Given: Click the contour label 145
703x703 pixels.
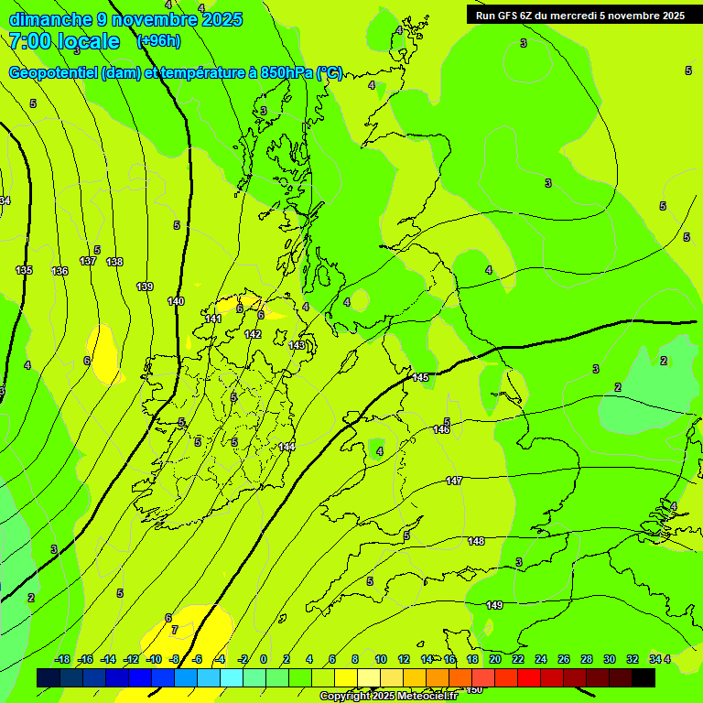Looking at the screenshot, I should [420, 378].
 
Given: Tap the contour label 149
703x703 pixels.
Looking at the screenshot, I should [494, 605].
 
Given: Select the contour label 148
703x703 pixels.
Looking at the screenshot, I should [476, 541].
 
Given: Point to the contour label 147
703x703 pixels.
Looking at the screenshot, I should [454, 481].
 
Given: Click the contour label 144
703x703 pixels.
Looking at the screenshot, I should [287, 447].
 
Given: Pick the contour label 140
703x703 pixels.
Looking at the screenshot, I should [176, 301].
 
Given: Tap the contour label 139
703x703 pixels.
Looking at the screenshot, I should [145, 287].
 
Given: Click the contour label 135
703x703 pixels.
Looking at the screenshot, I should [24, 270].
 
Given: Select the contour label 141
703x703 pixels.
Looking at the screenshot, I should [213, 319].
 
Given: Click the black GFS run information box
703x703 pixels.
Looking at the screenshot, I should [580, 15].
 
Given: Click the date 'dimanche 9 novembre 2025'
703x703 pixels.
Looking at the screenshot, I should [125, 19].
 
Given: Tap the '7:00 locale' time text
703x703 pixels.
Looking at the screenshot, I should [64, 41].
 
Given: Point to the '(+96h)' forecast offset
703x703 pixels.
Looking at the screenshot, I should [158, 40].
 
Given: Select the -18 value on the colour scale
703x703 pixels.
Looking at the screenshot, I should [62, 659].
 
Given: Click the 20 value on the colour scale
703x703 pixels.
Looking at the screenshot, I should [494, 659].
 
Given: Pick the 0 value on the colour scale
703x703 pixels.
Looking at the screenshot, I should [264, 659].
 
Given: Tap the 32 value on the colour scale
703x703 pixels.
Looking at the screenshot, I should [633, 659].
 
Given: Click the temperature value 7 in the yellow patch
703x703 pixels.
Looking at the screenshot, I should [174, 630].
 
